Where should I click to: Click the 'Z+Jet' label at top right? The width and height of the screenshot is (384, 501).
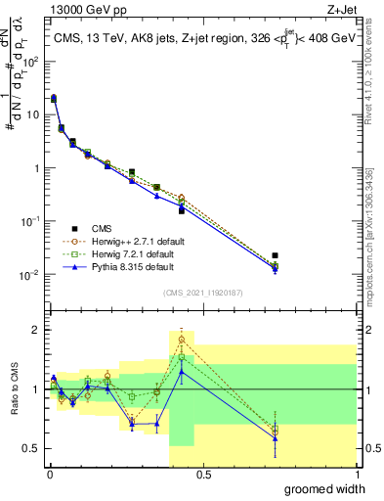[341, 9]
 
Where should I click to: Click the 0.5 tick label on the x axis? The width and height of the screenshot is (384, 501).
[202, 474]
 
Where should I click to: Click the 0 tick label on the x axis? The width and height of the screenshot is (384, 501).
[49, 474]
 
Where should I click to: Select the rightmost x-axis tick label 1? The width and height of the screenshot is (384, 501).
[356, 474]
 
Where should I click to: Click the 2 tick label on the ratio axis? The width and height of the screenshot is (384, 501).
[39, 330]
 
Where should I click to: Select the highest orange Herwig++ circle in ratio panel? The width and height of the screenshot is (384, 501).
[182, 340]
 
